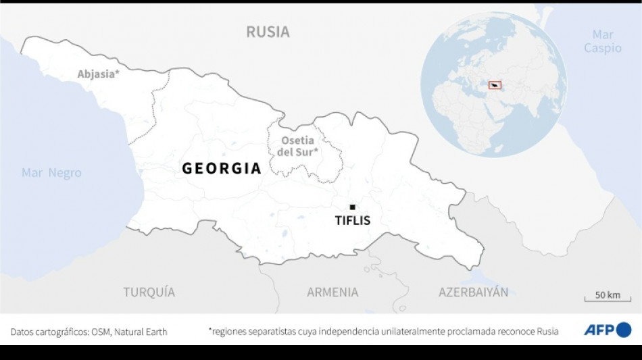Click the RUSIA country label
click(268, 32)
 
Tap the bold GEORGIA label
click(222, 169)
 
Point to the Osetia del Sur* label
click(297, 147)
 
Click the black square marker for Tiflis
click(352, 207)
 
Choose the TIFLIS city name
click(352, 221)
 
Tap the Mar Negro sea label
click(51, 173)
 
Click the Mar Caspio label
click(602, 41)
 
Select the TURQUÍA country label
click(149, 292)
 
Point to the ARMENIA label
click(332, 292)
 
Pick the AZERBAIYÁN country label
click(473, 292)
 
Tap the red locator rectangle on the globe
click(495, 86)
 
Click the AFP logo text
click(599, 330)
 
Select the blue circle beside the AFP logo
click(624, 330)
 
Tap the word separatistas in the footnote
click(276, 332)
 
